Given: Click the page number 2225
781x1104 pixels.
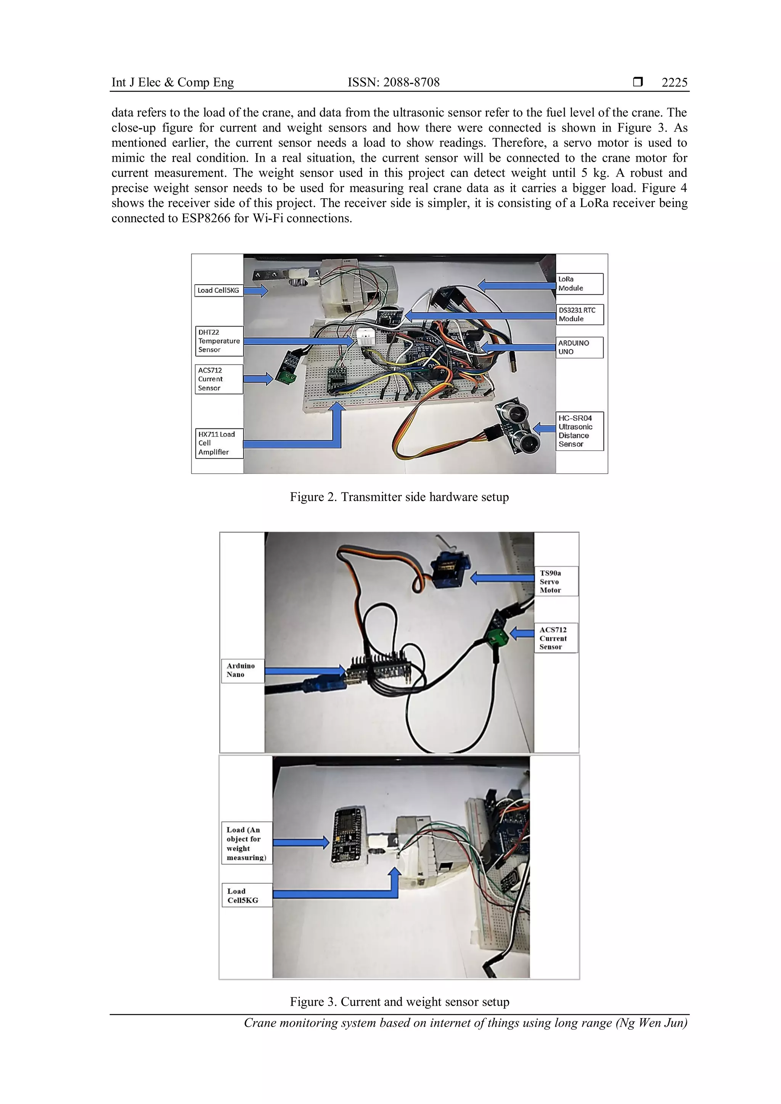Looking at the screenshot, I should point(674,82).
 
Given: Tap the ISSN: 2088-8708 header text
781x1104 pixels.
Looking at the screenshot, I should point(394,82).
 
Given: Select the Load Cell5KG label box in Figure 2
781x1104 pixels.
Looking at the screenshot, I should point(219,290).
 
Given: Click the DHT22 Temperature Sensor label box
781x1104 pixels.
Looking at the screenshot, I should point(219,341).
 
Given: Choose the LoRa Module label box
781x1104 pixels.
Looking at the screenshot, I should point(580,284).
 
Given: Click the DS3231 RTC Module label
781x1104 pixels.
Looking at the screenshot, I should point(580,315).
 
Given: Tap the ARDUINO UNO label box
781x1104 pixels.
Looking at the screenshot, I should point(580,347).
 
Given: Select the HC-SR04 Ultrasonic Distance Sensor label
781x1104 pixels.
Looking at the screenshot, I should point(580,431).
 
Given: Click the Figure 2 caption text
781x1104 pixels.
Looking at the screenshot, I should point(399,497).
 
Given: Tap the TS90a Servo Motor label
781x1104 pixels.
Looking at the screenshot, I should point(556,581).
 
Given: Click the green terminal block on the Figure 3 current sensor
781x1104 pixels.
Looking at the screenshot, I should point(498,639).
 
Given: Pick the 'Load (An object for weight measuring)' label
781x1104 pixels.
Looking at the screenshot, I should point(247,843).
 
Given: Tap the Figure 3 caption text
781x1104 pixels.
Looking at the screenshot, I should point(399,1001).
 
